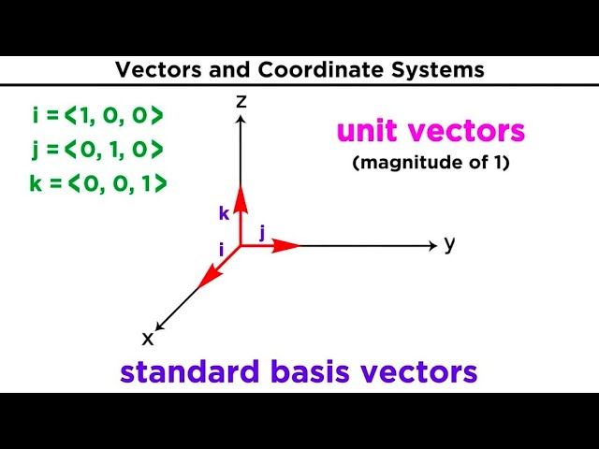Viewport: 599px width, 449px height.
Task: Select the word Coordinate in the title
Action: coord(282,69)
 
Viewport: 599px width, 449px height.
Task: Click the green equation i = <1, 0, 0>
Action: coord(96,116)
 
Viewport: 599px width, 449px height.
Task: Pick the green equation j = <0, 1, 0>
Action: coord(96,150)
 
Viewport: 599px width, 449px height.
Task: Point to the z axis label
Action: coord(241,101)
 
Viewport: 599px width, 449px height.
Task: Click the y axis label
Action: coord(449,244)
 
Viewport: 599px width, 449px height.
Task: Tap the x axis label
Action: coord(147,338)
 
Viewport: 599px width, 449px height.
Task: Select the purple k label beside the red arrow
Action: coord(224,213)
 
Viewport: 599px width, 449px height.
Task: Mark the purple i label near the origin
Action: coord(221,250)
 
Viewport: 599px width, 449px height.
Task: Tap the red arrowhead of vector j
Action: coord(289,245)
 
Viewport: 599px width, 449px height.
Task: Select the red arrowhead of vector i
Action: coord(204,279)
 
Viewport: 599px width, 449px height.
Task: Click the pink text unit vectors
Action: coord(431,131)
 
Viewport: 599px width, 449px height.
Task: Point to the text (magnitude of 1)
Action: coord(431,163)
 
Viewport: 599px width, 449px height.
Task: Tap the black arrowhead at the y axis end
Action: coord(432,245)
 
